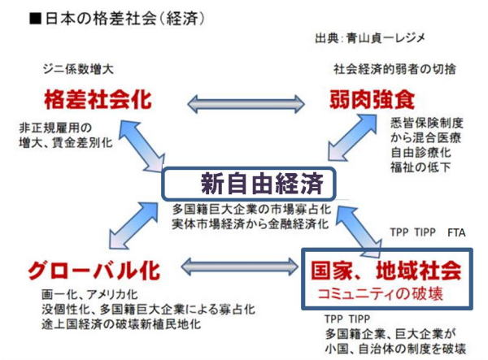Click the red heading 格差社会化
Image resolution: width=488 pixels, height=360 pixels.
click(x=98, y=100)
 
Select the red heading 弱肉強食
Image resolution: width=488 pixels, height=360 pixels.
click(x=372, y=101)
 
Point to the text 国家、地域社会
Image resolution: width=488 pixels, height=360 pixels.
click(x=386, y=267)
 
